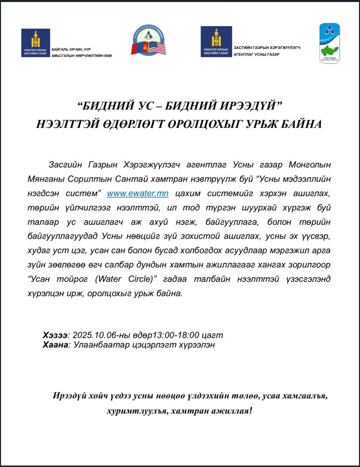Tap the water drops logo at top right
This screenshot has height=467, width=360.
coord(329,43)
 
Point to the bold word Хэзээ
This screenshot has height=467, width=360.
coord(55,335)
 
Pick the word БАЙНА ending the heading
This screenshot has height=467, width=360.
coord(298,124)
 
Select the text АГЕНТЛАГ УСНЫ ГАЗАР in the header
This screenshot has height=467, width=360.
coord(257,54)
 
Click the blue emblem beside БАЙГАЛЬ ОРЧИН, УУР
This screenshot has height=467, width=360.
coord(36,43)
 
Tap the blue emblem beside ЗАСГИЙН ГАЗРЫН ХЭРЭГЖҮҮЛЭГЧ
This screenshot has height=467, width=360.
coord(216,41)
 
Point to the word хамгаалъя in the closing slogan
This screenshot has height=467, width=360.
coord(302,396)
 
